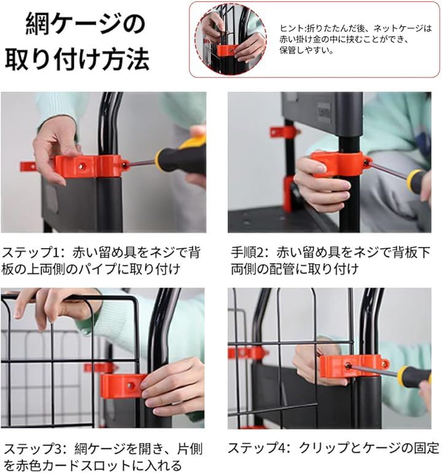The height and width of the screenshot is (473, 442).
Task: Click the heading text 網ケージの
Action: pyautogui.click(x=85, y=24)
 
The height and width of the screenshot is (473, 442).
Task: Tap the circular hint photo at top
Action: pyautogui.click(x=230, y=39)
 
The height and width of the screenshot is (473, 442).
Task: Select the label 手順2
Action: pyautogui.click(x=247, y=252)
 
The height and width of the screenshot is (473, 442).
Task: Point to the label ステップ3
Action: pyautogui.click(x=34, y=448)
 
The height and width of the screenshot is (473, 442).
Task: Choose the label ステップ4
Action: pyautogui.click(x=258, y=448)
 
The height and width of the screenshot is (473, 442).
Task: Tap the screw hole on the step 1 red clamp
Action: pyautogui.click(x=82, y=166)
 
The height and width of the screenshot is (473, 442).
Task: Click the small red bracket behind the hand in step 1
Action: pyautogui.click(x=28, y=166)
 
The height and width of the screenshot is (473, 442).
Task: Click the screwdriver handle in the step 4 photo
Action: pyautogui.click(x=415, y=377)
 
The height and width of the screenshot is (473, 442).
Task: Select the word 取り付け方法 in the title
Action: pyautogui.click(x=77, y=59)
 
